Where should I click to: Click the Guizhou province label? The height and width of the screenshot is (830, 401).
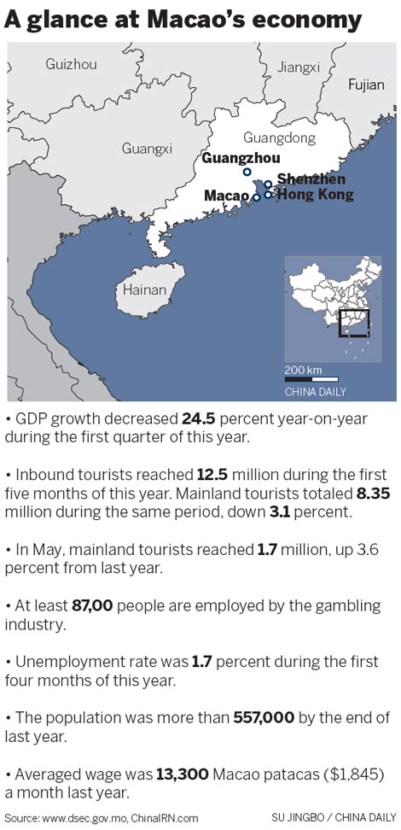[71, 64]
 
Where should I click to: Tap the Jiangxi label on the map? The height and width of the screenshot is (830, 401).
[299, 67]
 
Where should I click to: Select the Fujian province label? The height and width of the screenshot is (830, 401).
[367, 84]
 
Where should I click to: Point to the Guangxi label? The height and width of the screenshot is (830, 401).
[147, 148]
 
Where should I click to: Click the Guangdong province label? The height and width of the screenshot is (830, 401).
[279, 137]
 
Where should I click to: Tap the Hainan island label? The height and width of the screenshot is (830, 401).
[144, 289]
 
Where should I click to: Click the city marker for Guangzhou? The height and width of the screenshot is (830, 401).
[247, 172]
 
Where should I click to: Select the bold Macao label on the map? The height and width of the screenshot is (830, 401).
[226, 196]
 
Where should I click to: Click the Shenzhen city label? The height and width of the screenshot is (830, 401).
[311, 179]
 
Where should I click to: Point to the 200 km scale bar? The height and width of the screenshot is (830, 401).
[311, 378]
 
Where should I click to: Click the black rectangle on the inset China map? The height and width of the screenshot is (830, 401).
[353, 324]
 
